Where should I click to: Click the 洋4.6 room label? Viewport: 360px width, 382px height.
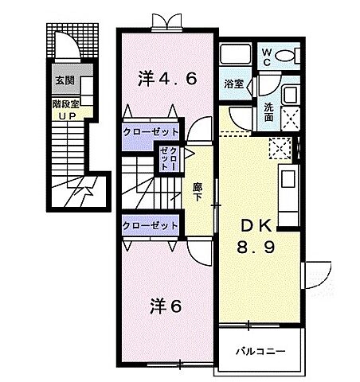(166, 78)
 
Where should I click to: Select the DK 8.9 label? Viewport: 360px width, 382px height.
(255, 236)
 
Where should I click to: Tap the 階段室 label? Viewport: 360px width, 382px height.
(65, 103)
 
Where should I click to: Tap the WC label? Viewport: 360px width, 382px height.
(268, 56)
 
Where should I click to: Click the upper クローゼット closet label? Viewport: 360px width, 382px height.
(151, 132)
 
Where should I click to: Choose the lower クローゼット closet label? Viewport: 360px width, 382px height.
(151, 226)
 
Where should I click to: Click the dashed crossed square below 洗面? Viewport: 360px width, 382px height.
(280, 146)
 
